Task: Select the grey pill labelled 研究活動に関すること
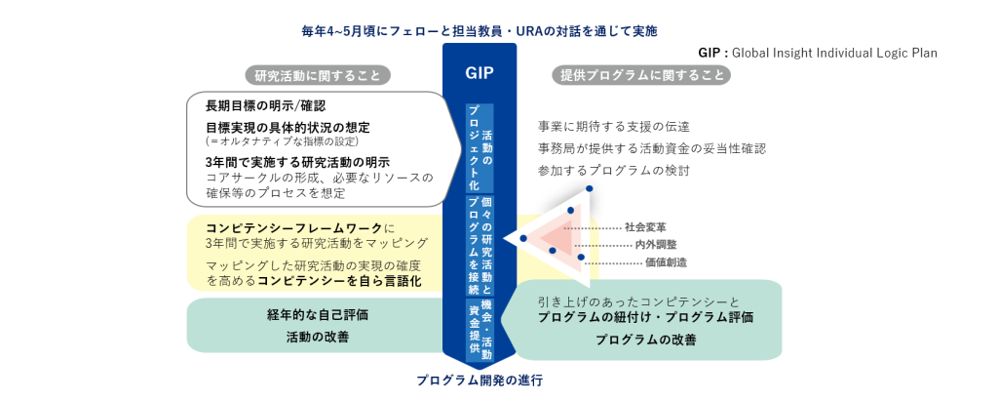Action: click(x=317, y=75)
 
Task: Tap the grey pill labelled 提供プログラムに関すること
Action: click(x=642, y=75)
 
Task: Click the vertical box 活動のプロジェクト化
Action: click(x=480, y=147)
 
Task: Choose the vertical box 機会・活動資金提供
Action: click(x=480, y=328)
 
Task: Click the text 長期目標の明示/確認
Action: click(x=265, y=105)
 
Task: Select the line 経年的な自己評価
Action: click(x=317, y=314)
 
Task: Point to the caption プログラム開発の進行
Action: click(x=480, y=381)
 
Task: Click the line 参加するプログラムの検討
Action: click(x=613, y=171)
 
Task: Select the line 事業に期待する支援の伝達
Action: click(x=613, y=127)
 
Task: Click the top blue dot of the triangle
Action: click(x=588, y=190)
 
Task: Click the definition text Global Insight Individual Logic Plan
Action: click(x=833, y=53)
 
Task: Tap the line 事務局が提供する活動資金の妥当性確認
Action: click(x=651, y=148)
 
